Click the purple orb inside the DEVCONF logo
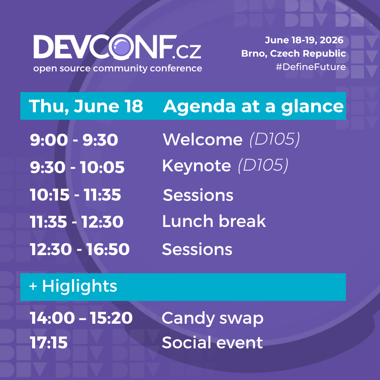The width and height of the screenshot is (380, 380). pyautogui.click(x=121, y=47)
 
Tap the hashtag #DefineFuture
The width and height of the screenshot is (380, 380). pyautogui.click(x=311, y=67)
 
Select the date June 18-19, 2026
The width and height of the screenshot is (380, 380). pyautogui.click(x=304, y=40)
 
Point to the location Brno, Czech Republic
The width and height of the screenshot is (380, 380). pyautogui.click(x=293, y=53)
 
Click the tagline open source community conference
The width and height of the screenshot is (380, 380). pyautogui.click(x=118, y=68)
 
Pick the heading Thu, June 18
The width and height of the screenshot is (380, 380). pyautogui.click(x=86, y=106)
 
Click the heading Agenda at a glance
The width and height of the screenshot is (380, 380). pyautogui.click(x=253, y=107)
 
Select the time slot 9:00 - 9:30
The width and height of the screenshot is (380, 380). pyautogui.click(x=74, y=140)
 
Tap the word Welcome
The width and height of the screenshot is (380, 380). pyautogui.click(x=203, y=140)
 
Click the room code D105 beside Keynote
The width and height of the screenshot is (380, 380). pyautogui.click(x=263, y=165)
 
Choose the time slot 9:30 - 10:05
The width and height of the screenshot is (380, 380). pyautogui.click(x=77, y=167)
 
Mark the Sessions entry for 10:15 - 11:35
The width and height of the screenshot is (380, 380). pyautogui.click(x=198, y=195)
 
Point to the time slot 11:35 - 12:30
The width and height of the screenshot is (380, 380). pyautogui.click(x=77, y=222)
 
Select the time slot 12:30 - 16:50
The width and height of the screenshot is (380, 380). pyautogui.click(x=80, y=249)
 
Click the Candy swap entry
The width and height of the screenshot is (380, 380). pyautogui.click(x=212, y=318)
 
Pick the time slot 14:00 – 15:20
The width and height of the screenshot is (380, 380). pyautogui.click(x=81, y=318)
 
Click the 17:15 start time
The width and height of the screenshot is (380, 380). pyautogui.click(x=49, y=343)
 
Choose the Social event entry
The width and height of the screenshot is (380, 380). pyautogui.click(x=212, y=342)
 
